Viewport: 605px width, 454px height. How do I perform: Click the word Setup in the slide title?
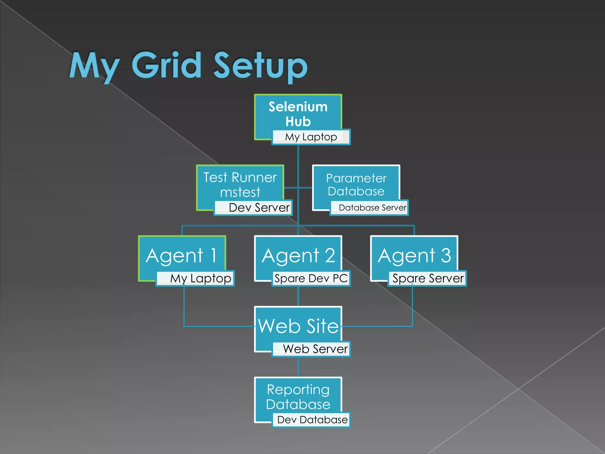[260, 67]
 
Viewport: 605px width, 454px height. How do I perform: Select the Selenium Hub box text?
[298, 114]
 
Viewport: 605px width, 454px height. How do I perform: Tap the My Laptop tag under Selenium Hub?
[311, 137]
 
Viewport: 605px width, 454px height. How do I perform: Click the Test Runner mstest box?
[240, 185]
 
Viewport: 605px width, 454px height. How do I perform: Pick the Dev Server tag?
[259, 207]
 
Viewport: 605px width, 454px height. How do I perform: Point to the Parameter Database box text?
[356, 185]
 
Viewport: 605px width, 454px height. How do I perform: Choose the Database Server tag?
[372, 207]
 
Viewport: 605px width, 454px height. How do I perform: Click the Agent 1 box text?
[182, 255]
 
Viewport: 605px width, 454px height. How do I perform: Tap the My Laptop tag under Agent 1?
[200, 278]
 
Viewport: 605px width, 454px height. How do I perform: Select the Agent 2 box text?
[298, 255]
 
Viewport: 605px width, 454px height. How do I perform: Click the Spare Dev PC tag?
[311, 278]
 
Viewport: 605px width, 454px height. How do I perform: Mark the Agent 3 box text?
[414, 255]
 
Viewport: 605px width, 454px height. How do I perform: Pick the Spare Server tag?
[428, 278]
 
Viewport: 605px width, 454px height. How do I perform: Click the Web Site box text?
[298, 326]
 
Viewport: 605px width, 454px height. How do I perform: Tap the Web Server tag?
[315, 349]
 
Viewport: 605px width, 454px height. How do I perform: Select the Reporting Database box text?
[298, 397]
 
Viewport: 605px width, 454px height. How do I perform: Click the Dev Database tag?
[312, 420]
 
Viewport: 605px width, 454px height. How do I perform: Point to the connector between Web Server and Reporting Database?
[298, 367]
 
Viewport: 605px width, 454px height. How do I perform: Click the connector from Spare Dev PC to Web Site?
[298, 296]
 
